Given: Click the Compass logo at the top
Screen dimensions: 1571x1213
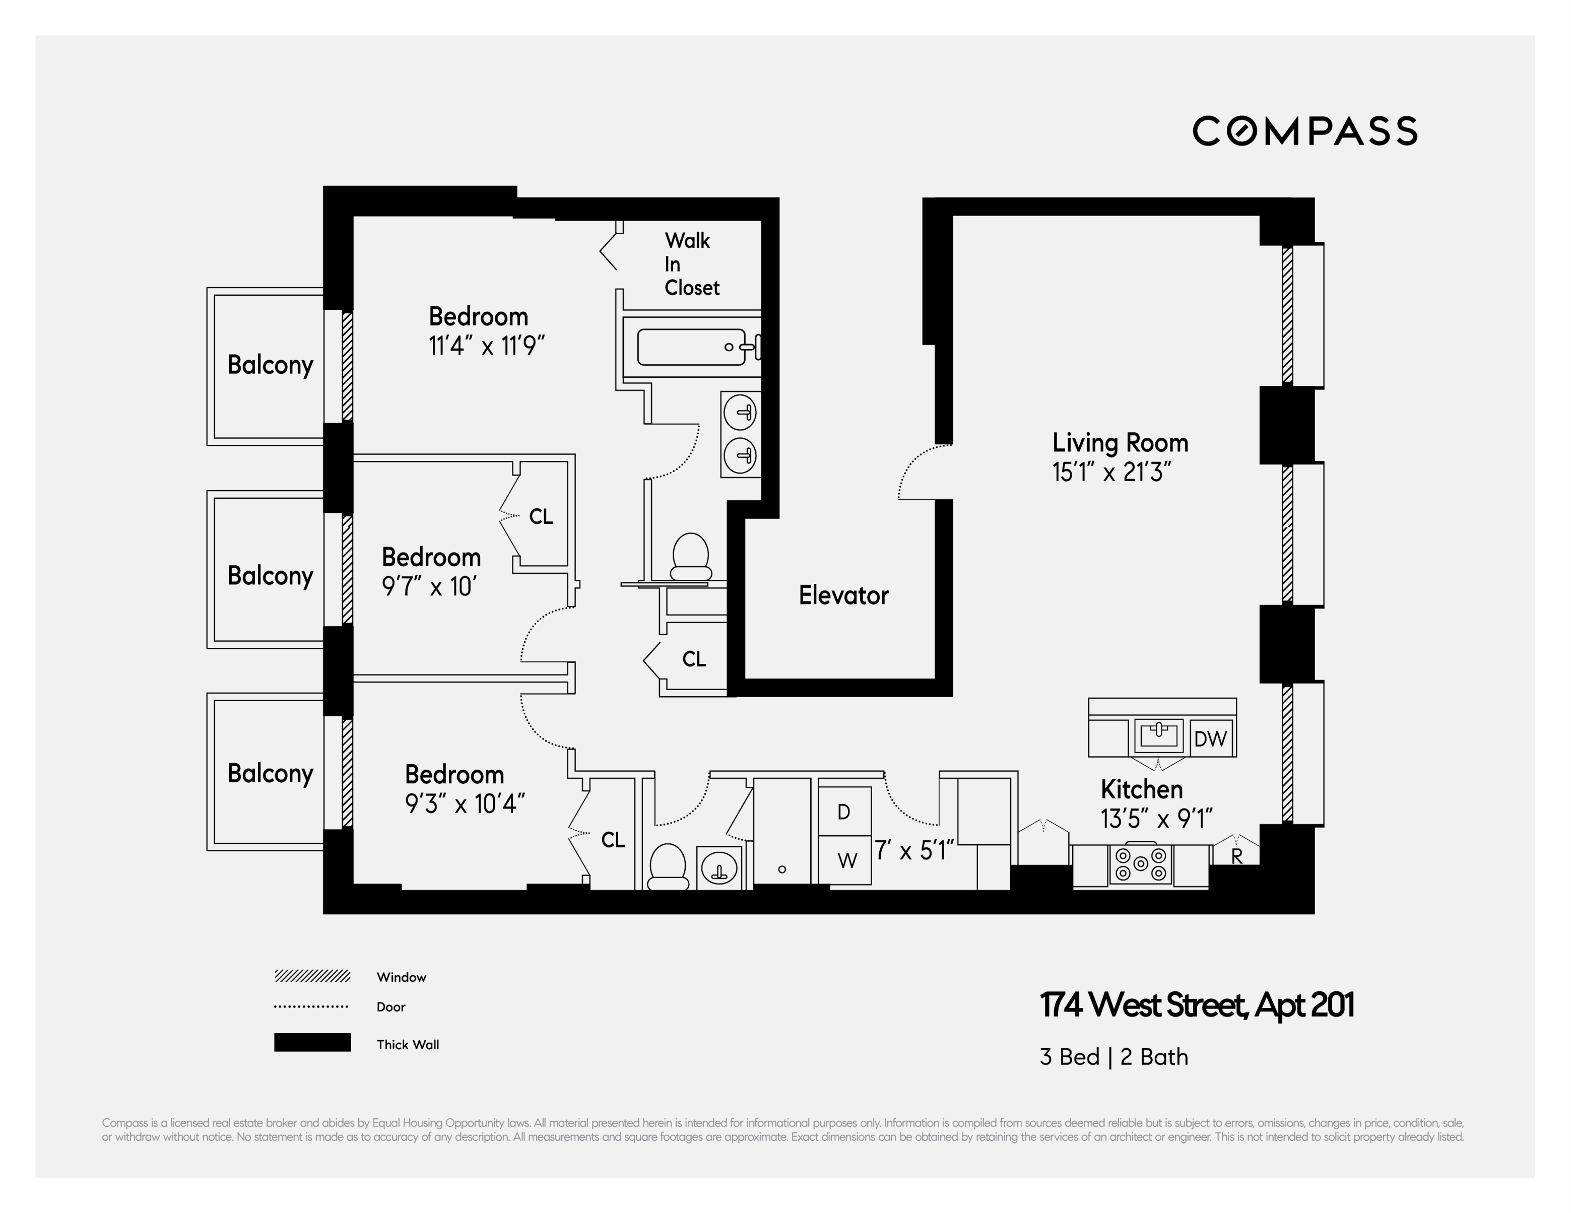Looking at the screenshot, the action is point(1304,131).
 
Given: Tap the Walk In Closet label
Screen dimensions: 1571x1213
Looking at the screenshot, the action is point(691,264).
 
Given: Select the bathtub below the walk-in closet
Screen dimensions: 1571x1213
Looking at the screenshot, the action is point(691,347).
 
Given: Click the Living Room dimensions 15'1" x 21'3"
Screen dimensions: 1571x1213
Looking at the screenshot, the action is point(1111,473).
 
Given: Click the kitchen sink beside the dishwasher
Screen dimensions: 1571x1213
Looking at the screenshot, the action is point(1158,735).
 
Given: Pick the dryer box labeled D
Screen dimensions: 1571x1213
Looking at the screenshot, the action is point(844,812).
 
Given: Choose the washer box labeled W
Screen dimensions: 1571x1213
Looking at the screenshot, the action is point(846,860).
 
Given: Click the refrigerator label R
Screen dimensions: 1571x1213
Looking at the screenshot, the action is point(1236,856).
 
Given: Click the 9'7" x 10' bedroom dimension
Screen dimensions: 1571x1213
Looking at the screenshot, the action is point(429,587).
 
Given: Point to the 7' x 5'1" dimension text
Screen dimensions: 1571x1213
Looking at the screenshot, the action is point(913,851).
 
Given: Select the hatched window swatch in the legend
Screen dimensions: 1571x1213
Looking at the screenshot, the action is point(312,976).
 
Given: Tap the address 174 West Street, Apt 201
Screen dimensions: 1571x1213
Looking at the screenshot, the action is point(1196,1004).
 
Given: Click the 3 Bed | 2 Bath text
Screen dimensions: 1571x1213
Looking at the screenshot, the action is point(1114,1057).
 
